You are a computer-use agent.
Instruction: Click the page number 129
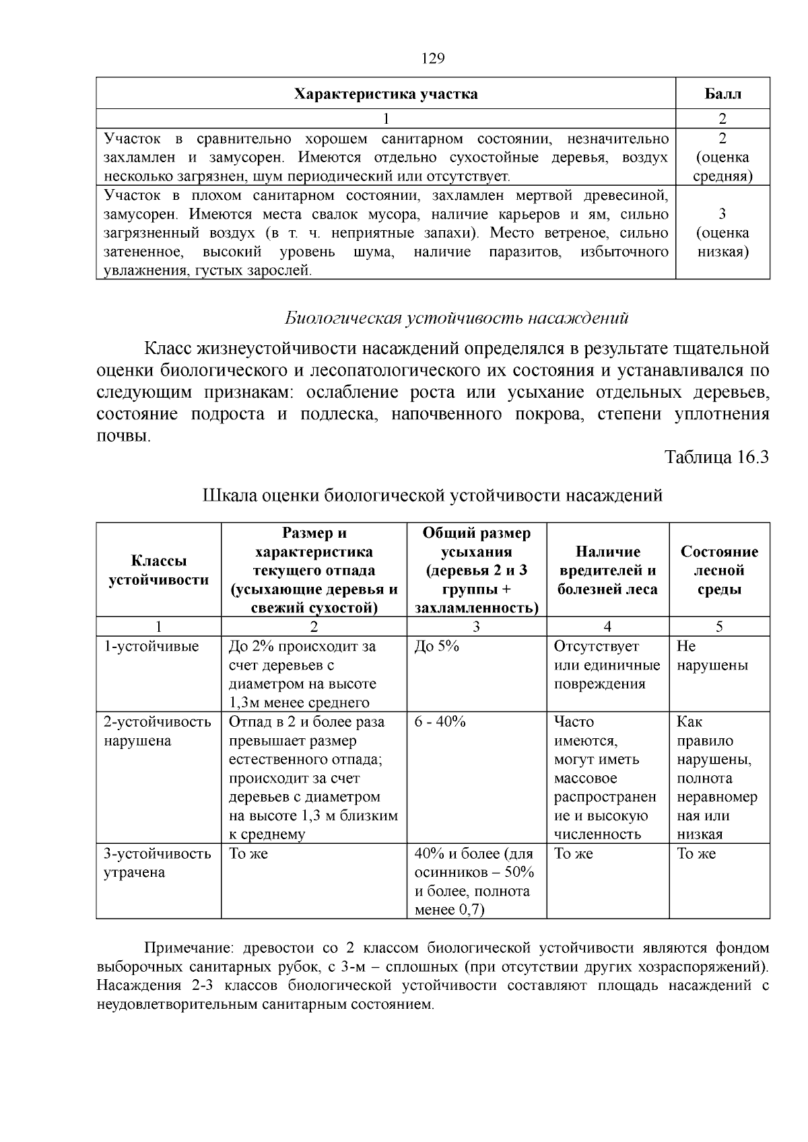(433, 59)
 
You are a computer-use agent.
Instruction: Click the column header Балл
(722, 94)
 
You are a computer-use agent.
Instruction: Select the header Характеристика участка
(386, 94)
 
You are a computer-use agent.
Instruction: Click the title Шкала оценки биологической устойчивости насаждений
(432, 495)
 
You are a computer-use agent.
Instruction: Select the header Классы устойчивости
(159, 570)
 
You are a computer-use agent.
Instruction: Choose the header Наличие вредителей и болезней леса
(607, 570)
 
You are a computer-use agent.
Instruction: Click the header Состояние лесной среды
(719, 570)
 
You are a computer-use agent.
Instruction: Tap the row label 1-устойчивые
(151, 647)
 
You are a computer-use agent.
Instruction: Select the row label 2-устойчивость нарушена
(157, 731)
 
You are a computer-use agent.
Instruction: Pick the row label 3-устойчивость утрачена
(157, 863)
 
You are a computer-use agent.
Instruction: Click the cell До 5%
(437, 647)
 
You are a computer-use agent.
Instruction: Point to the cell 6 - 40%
(440, 722)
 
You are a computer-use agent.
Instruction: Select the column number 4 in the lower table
(607, 627)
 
